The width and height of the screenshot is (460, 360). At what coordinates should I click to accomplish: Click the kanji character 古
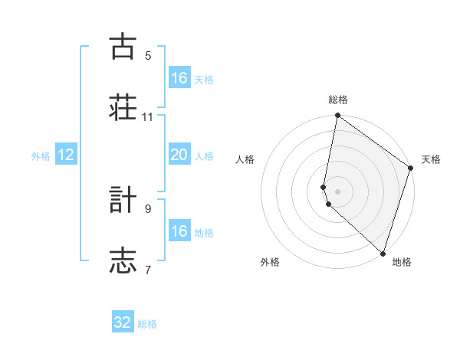tap(123, 47)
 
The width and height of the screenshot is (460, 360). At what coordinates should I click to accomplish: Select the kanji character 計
tap(123, 200)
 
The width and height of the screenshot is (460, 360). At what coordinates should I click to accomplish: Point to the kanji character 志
tap(123, 260)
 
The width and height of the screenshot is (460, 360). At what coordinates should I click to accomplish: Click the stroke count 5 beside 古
tap(148, 56)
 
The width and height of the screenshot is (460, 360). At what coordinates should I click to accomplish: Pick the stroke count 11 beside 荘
tap(148, 116)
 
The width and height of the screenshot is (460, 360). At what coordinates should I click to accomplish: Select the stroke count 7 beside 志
tap(148, 270)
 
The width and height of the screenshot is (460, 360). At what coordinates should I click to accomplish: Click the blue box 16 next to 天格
tap(179, 78)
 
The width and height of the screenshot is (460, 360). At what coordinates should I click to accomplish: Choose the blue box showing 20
tap(179, 155)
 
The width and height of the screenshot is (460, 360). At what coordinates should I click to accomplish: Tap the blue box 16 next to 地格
tap(179, 231)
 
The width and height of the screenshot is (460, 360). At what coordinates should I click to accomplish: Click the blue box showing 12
tap(66, 155)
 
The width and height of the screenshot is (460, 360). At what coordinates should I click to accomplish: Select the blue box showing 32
tap(123, 322)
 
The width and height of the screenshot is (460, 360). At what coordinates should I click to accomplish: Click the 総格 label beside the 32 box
tap(147, 324)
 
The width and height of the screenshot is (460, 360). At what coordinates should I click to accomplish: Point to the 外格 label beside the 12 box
tap(41, 156)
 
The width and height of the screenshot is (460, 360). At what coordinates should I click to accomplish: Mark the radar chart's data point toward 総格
tap(337, 116)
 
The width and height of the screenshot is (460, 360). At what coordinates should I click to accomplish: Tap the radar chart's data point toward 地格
tap(383, 252)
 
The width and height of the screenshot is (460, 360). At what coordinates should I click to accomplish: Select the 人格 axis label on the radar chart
tap(245, 159)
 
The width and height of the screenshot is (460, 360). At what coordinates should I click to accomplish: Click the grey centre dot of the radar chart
tap(337, 190)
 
